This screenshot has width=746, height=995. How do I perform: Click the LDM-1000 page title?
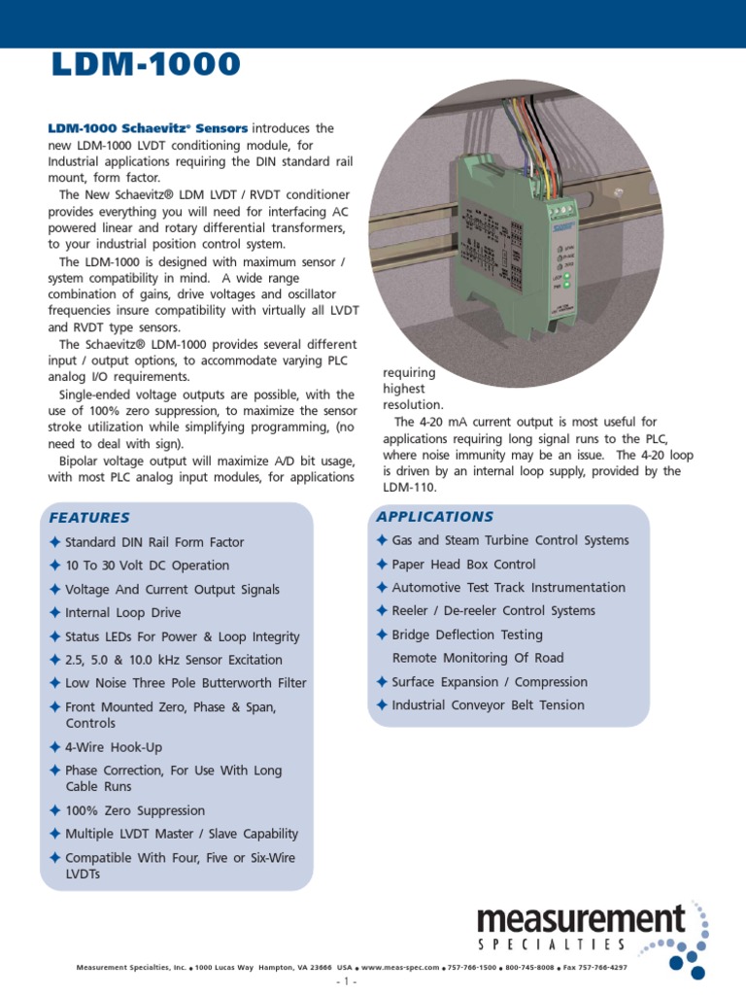(x=143, y=65)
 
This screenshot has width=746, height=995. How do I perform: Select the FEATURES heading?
(x=89, y=517)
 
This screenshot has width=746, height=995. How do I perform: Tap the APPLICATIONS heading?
(x=434, y=516)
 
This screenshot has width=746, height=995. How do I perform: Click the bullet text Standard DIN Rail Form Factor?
(x=154, y=542)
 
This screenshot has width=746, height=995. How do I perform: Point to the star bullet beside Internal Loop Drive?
(x=54, y=613)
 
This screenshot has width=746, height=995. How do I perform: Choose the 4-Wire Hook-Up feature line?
(x=114, y=747)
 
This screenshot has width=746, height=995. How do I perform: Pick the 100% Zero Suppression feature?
(x=135, y=810)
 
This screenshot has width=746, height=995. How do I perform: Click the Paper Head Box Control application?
(x=463, y=564)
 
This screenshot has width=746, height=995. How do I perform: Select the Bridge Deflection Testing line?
(x=467, y=635)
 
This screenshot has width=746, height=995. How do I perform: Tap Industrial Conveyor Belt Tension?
(x=488, y=705)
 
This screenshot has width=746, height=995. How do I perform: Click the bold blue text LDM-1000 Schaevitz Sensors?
(x=149, y=128)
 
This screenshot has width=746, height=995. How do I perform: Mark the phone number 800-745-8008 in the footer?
(x=529, y=968)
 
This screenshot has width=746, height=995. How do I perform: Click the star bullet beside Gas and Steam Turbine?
(x=382, y=540)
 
